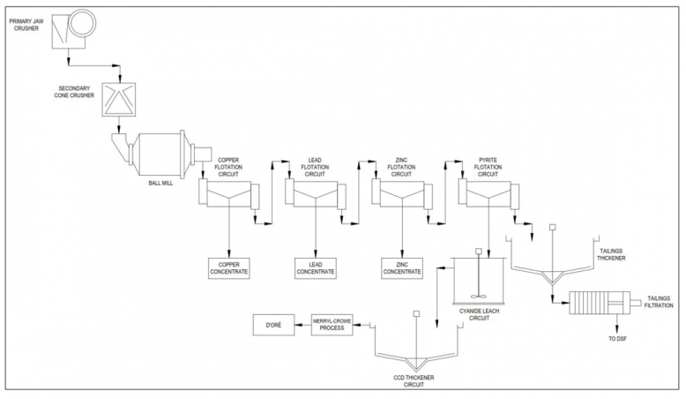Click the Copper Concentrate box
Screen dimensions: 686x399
228,268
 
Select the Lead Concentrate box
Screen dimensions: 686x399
316,268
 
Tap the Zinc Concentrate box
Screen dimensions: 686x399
402,268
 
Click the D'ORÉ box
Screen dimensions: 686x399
274,326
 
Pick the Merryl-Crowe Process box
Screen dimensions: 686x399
332,326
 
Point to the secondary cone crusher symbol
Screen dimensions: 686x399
118,100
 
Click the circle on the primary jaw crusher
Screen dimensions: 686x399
82,24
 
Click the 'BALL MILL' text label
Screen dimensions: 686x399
160,183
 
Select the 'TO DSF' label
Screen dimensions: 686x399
618,339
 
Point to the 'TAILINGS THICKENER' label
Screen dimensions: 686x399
611,254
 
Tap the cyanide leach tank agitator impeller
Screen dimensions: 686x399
479,296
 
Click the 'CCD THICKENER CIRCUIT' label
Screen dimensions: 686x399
414,381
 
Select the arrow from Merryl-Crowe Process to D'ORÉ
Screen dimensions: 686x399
303,325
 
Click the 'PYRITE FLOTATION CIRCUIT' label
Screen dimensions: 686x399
488,168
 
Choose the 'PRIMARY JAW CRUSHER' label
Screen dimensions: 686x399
26,25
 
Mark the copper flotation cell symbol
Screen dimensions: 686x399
228,193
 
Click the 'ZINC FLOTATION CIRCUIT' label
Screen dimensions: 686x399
401,168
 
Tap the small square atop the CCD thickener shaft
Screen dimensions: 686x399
416,313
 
